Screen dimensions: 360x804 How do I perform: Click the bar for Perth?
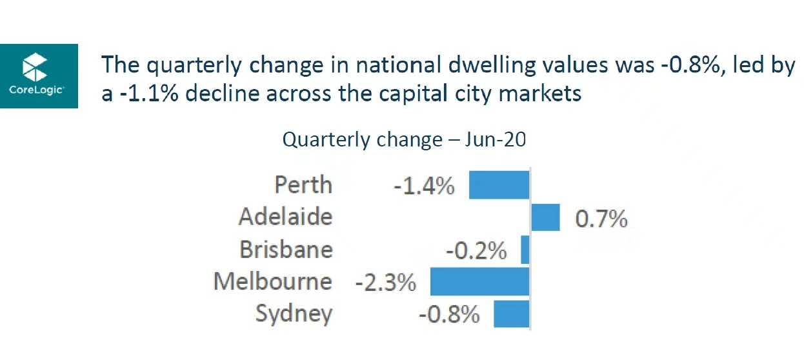(x=498, y=185)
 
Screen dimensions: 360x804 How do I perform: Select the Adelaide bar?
(x=545, y=217)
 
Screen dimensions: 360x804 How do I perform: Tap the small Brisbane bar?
(x=525, y=250)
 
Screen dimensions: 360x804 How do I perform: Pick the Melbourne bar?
(x=479, y=282)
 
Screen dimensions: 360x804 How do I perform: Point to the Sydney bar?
(x=511, y=314)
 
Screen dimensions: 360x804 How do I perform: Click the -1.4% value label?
(x=424, y=187)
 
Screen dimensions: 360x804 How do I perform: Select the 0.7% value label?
(x=601, y=219)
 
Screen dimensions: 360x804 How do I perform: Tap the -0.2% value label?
(x=476, y=252)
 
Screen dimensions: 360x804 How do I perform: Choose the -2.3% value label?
(x=385, y=283)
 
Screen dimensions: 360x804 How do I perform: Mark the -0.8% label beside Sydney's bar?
(x=449, y=315)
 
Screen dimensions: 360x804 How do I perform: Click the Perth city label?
(x=303, y=185)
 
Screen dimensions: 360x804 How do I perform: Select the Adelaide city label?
(x=285, y=217)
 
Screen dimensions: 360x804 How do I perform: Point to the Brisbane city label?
(x=286, y=250)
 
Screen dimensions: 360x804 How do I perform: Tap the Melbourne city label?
(x=273, y=282)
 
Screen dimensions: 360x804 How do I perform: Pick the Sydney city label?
(x=294, y=315)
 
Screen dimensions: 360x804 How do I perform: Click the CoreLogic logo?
(x=38, y=75)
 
